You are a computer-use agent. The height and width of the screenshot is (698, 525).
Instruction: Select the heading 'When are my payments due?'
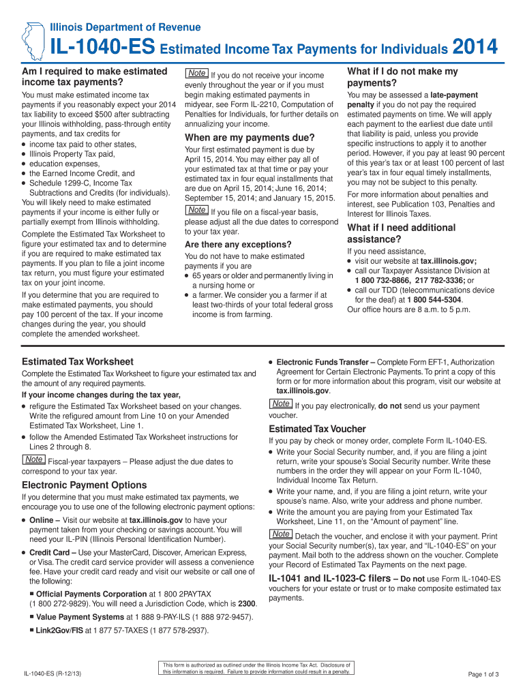250,137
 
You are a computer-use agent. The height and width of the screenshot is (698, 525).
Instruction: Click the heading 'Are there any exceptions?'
238,244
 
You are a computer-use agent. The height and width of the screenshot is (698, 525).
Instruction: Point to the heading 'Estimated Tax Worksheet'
78,361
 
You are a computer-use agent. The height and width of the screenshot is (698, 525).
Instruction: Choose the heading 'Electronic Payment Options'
85,485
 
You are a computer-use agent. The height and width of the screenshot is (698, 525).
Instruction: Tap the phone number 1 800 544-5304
438,299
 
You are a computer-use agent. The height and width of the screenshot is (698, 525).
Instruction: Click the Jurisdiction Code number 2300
247,603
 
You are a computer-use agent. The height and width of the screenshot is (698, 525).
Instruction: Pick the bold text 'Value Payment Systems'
78,617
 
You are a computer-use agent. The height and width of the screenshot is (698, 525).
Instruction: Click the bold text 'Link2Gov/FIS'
60,631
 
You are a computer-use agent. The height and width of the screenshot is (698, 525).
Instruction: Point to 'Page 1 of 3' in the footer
483,675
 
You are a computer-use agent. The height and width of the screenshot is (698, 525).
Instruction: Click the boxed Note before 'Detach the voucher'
281,534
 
